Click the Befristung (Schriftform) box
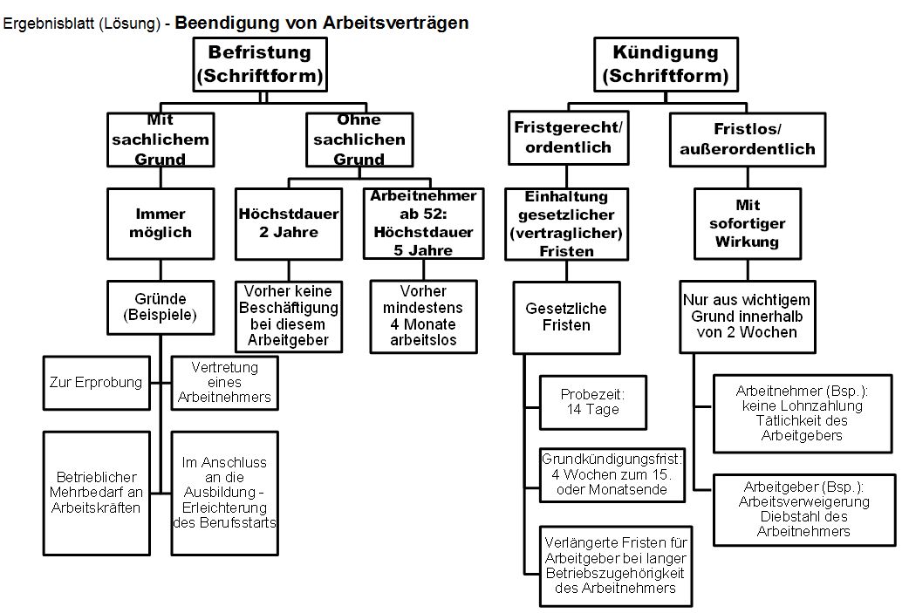click(259, 65)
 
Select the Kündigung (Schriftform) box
click(665, 65)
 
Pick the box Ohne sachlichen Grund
click(358, 140)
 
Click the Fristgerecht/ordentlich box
click(568, 137)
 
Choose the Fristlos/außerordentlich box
click(747, 139)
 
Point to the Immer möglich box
click(161, 223)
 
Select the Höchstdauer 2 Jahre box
click(289, 223)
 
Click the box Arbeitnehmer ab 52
click(423, 223)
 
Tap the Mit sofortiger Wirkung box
click(748, 223)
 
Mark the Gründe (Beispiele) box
click(161, 306)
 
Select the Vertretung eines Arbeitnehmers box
click(226, 382)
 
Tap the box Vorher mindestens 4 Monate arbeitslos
click(424, 316)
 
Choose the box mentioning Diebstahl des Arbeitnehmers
click(803, 506)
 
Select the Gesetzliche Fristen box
click(565, 317)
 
